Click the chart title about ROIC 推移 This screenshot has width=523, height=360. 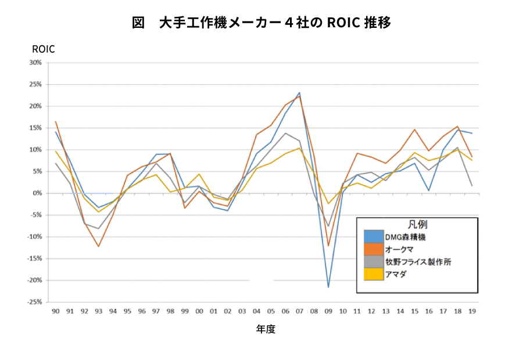[x=261, y=23]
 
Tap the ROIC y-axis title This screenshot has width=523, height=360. [x=44, y=49]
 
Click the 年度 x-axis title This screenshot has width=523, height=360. [x=266, y=329]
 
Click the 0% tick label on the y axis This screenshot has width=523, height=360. [x=37, y=193]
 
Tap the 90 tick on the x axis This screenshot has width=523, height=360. [x=55, y=311]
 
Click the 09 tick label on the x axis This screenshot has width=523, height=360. [x=328, y=311]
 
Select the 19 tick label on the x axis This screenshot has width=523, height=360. [x=472, y=311]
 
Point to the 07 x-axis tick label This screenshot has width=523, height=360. [x=299, y=311]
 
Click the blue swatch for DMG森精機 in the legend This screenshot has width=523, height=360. [x=374, y=236]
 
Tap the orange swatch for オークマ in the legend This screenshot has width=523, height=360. [x=374, y=249]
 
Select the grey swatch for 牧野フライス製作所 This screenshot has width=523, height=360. [x=374, y=262]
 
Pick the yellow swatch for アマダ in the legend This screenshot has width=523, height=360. [x=374, y=274]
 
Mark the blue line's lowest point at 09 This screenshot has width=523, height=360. [x=328, y=287]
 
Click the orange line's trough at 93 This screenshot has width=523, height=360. [x=98, y=246]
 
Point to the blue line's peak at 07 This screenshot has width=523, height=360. [x=299, y=92]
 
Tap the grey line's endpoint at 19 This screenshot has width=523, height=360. [x=472, y=186]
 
